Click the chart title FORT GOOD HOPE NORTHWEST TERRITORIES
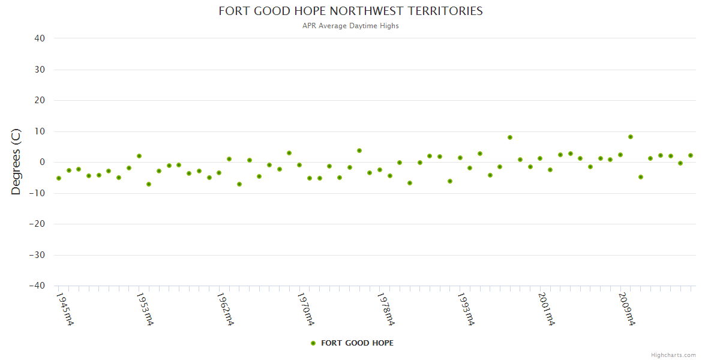[x=350, y=11]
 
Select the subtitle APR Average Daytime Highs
[x=350, y=26]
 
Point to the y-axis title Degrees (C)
[x=16, y=161]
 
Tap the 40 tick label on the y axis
[x=40, y=38]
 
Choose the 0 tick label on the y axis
[x=43, y=162]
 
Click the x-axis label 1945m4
[x=65, y=310]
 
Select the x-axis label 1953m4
[x=145, y=310]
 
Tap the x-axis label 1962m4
[x=225, y=310]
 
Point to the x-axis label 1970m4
[x=305, y=310]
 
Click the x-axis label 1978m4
[x=386, y=310]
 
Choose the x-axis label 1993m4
[x=466, y=310]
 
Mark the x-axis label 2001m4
[x=546, y=310]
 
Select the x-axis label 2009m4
[x=626, y=310]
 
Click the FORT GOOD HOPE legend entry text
[x=357, y=343]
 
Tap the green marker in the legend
[x=313, y=343]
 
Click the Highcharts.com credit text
[x=673, y=355]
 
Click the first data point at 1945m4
[x=59, y=178]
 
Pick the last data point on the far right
[x=691, y=155]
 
